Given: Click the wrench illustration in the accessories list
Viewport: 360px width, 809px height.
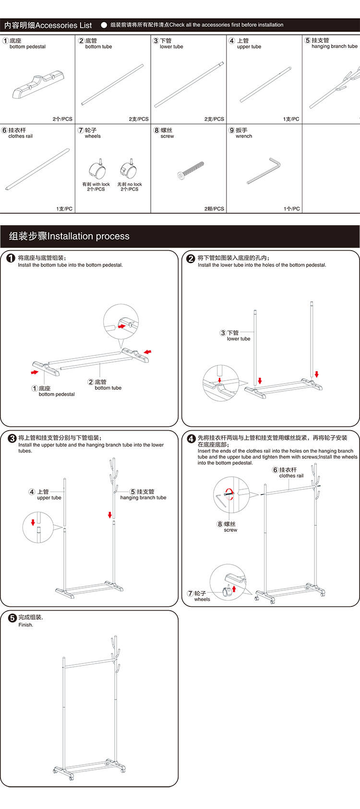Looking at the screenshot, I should tap(264, 170).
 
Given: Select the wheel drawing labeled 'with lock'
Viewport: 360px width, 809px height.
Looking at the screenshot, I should tap(96, 169).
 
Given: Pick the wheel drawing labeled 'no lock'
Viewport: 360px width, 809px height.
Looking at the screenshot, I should tap(129, 169).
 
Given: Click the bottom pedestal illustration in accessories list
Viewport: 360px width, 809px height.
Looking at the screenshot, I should tap(38, 85).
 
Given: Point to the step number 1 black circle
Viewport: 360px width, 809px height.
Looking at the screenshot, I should tap(11, 259).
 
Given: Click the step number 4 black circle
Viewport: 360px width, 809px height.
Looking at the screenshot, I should tap(191, 439).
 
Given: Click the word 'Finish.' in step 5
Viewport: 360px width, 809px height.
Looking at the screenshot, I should tap(26, 625).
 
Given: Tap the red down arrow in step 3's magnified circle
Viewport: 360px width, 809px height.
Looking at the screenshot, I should tap(33, 522).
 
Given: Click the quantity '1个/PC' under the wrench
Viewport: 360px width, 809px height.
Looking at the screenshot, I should tap(291, 209).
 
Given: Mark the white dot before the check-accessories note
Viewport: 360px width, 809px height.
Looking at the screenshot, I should tap(104, 25).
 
